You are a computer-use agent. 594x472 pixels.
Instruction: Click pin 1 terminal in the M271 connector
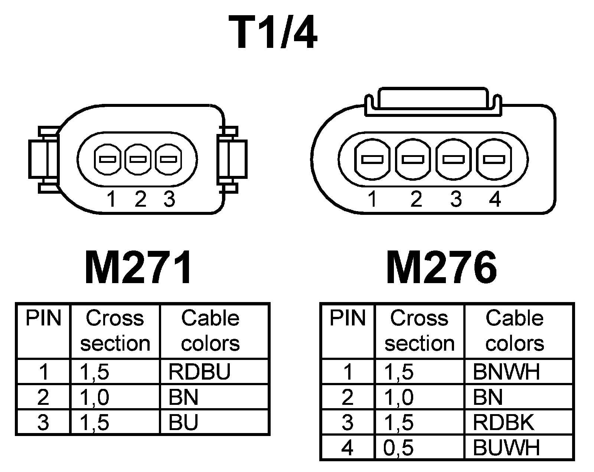tap(108, 160)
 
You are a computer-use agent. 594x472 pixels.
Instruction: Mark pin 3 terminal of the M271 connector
tap(168, 160)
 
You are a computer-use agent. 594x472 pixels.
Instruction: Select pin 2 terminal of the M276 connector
tap(413, 160)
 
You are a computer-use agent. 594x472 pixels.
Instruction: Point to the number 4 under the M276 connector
tap(495, 199)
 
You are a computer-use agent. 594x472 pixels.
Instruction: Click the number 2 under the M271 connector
tap(140, 199)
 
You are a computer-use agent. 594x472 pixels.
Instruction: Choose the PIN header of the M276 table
tap(347, 318)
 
